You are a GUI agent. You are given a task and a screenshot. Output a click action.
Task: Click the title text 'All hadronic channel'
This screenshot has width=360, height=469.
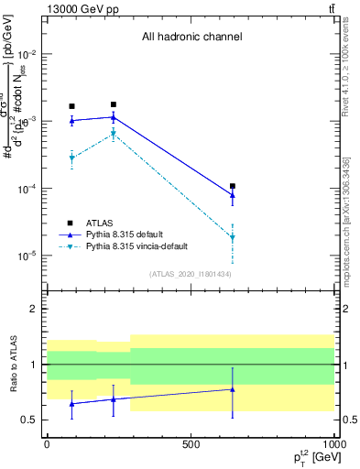[x=191, y=38]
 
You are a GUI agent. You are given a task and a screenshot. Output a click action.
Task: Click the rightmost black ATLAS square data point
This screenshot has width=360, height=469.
[x=233, y=186]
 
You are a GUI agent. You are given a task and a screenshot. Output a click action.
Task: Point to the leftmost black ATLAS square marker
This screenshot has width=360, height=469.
[x=71, y=106]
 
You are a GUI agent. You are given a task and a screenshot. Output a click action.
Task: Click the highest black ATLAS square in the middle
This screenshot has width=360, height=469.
[x=114, y=104]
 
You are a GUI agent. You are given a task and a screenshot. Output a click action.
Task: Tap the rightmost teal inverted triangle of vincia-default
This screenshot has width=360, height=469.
[x=233, y=237]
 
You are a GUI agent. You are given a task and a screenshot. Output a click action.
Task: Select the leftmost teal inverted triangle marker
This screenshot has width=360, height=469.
[x=71, y=158]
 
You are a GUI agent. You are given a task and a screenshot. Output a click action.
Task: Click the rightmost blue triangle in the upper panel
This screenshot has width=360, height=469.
[x=233, y=194]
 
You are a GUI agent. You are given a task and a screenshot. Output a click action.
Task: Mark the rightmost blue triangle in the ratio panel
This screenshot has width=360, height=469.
[x=233, y=389]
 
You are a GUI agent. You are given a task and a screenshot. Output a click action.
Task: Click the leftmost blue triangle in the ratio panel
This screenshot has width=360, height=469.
[x=71, y=403]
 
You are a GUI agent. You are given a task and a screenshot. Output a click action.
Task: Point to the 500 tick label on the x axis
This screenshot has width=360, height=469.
[x=191, y=444]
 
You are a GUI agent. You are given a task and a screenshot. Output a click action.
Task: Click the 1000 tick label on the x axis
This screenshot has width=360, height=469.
[x=333, y=444]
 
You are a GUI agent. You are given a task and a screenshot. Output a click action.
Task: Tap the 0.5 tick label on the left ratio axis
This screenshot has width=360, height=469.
[x=30, y=420]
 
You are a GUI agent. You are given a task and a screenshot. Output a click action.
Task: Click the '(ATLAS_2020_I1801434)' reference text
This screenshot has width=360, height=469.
[x=191, y=274]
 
